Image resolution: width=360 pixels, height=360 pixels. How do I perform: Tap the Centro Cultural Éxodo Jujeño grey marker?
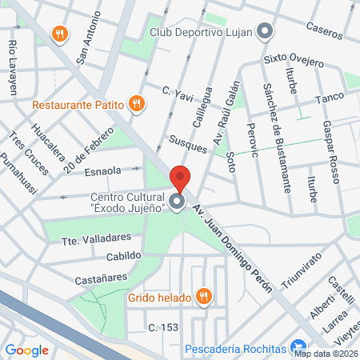tap(178, 202)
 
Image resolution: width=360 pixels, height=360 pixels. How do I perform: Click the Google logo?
tap(26, 350)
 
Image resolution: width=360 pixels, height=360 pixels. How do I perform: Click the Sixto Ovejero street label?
tap(294, 62)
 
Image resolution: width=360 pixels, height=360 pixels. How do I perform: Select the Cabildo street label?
tap(123, 256)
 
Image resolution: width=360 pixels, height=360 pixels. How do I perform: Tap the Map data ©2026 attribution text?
tap(325, 353)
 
